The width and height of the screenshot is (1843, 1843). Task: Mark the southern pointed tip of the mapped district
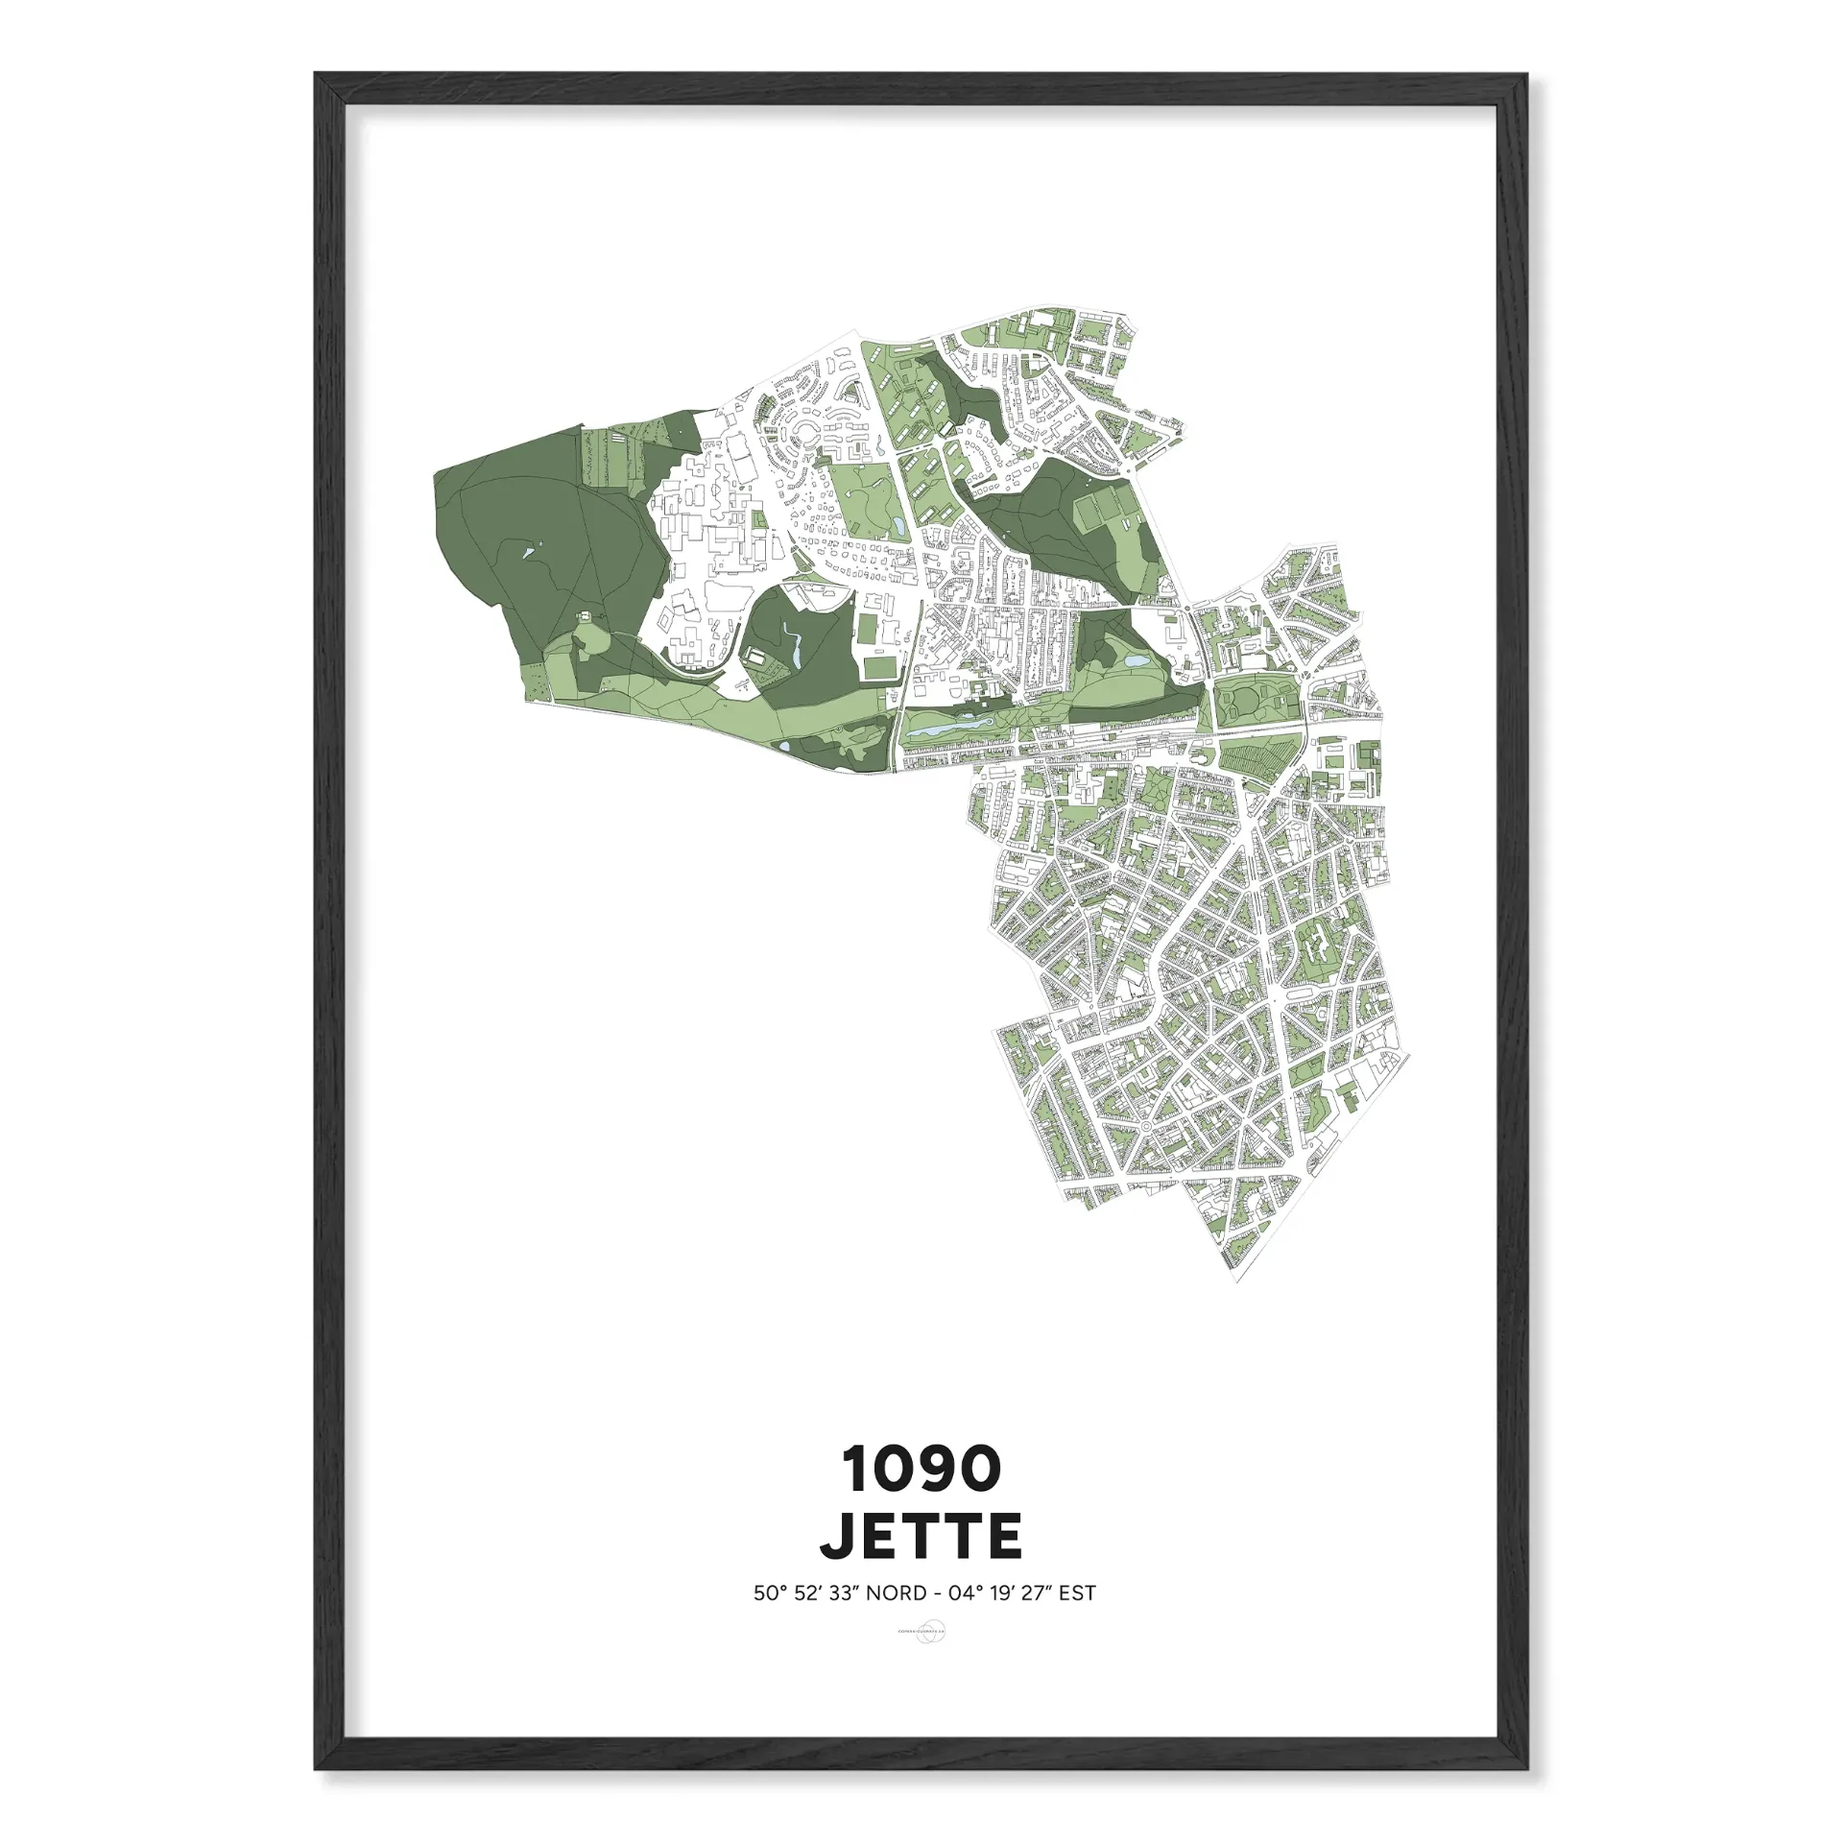click(1236, 1284)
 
